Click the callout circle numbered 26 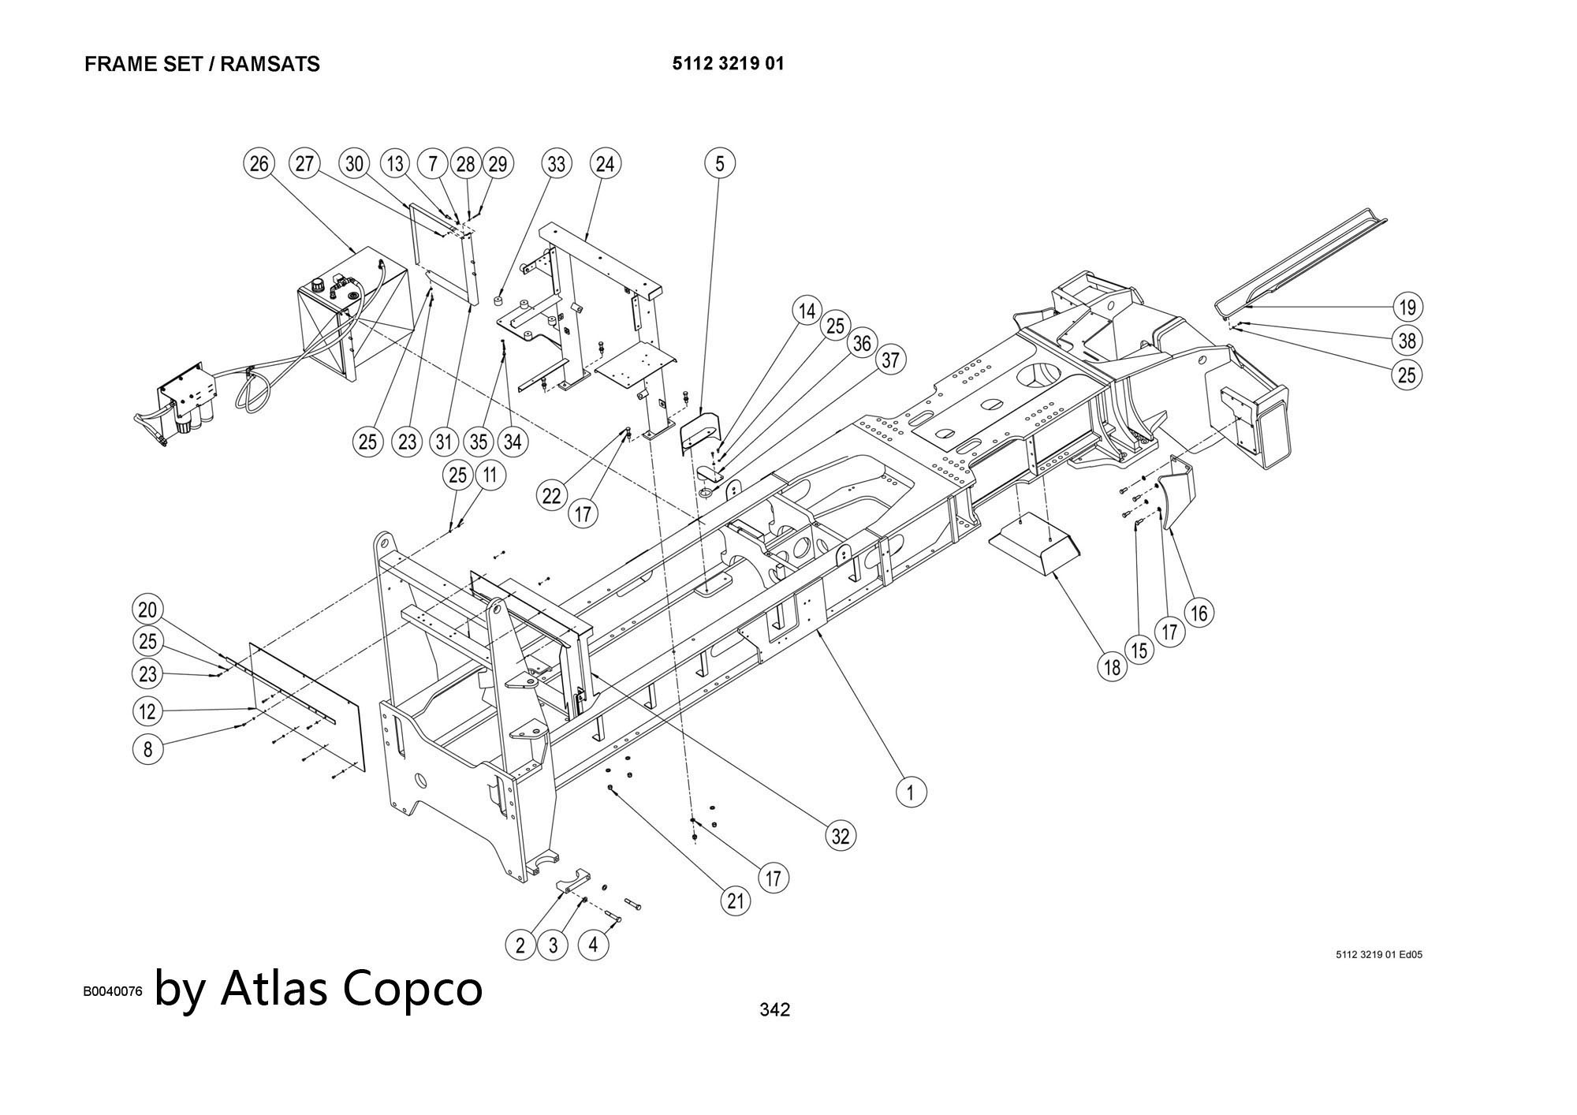(259, 164)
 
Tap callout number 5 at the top (719, 164)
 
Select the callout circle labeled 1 (912, 791)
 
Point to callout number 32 (841, 836)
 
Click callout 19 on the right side (1407, 307)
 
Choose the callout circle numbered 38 (1407, 341)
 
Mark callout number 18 (1112, 668)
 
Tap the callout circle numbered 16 (1199, 613)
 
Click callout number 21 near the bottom (736, 901)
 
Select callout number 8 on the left (147, 748)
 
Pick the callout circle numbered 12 (147, 712)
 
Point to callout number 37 (890, 360)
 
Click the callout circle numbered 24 (605, 164)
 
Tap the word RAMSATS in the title (270, 65)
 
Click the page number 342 (774, 1009)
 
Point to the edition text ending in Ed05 (1379, 955)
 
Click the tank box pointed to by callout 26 (351, 315)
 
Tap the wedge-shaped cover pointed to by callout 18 (1033, 544)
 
